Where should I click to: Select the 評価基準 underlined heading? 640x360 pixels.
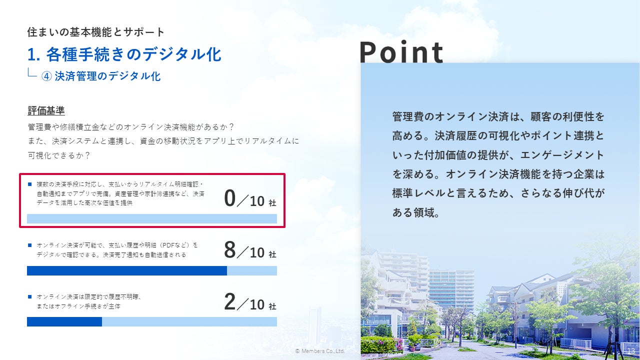pyautogui.click(x=46, y=110)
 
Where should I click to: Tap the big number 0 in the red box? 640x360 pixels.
pyautogui.click(x=229, y=198)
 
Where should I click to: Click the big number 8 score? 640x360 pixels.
pyautogui.click(x=229, y=249)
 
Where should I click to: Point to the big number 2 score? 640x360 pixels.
pyautogui.click(x=229, y=301)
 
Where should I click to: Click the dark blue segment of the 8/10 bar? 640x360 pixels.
pyautogui.click(x=127, y=270)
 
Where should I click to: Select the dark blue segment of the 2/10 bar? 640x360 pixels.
pyautogui.click(x=64, y=321)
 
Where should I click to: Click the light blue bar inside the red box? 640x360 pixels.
pyautogui.click(x=152, y=218)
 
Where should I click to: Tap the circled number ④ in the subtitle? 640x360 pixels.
pyautogui.click(x=46, y=76)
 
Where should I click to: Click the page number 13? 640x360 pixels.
pyautogui.click(x=631, y=351)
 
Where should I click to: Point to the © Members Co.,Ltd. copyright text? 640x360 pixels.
pyautogui.click(x=320, y=351)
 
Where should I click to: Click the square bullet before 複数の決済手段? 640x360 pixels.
pyautogui.click(x=29, y=184)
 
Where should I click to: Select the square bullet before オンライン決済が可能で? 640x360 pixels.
pyautogui.click(x=29, y=245)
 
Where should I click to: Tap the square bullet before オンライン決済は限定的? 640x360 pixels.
pyautogui.click(x=29, y=297)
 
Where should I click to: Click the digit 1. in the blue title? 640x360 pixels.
pyautogui.click(x=33, y=54)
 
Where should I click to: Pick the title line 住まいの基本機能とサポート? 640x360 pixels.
pyautogui.click(x=95, y=32)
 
